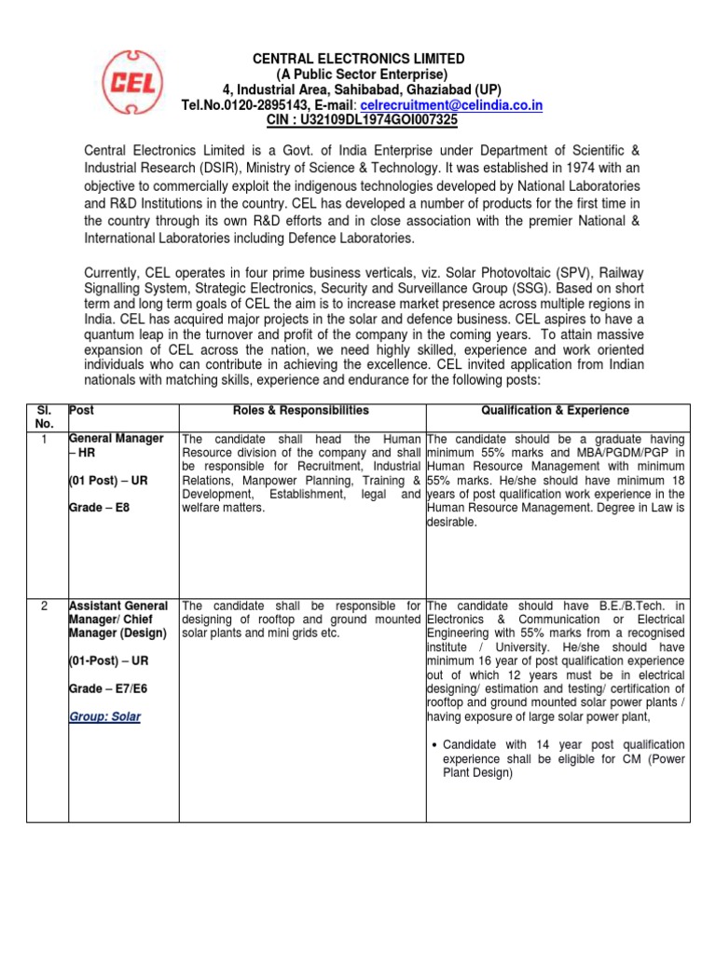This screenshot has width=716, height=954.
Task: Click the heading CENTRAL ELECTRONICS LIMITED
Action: (x=359, y=59)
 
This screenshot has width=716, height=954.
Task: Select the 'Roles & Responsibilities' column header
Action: (x=302, y=411)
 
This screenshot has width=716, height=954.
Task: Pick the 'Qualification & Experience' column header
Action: (x=555, y=411)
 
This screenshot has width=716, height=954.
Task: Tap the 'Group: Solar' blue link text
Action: (x=105, y=717)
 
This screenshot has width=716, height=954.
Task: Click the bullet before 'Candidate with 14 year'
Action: (x=435, y=745)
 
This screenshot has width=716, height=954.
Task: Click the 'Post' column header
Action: (x=82, y=411)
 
